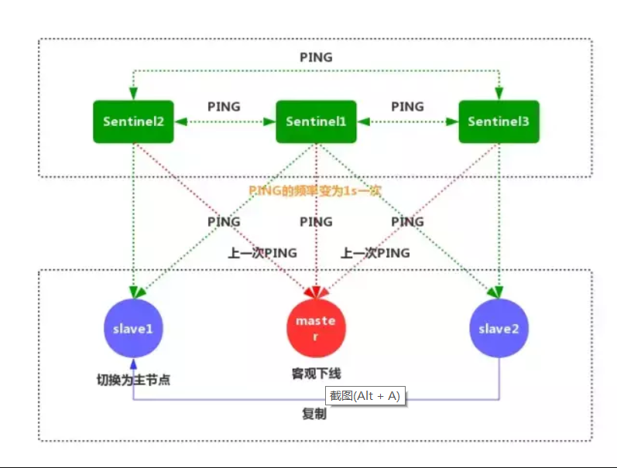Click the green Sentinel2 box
pyautogui.click(x=133, y=121)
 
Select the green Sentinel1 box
pyautogui.click(x=316, y=121)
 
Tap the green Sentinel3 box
pyautogui.click(x=499, y=121)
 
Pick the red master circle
pyautogui.click(x=316, y=327)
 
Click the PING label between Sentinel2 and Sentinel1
pyautogui.click(x=225, y=107)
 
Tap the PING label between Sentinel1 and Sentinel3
pyautogui.click(x=407, y=107)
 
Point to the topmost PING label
pyautogui.click(x=316, y=57)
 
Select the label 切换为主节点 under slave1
pyautogui.click(x=133, y=380)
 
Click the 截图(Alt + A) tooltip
pyautogui.click(x=365, y=395)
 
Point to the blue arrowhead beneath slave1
pyautogui.click(x=133, y=364)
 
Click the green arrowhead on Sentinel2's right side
pyautogui.click(x=179, y=122)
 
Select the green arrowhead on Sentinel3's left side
pyautogui.click(x=454, y=122)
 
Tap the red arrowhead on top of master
pyautogui.click(x=315, y=292)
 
